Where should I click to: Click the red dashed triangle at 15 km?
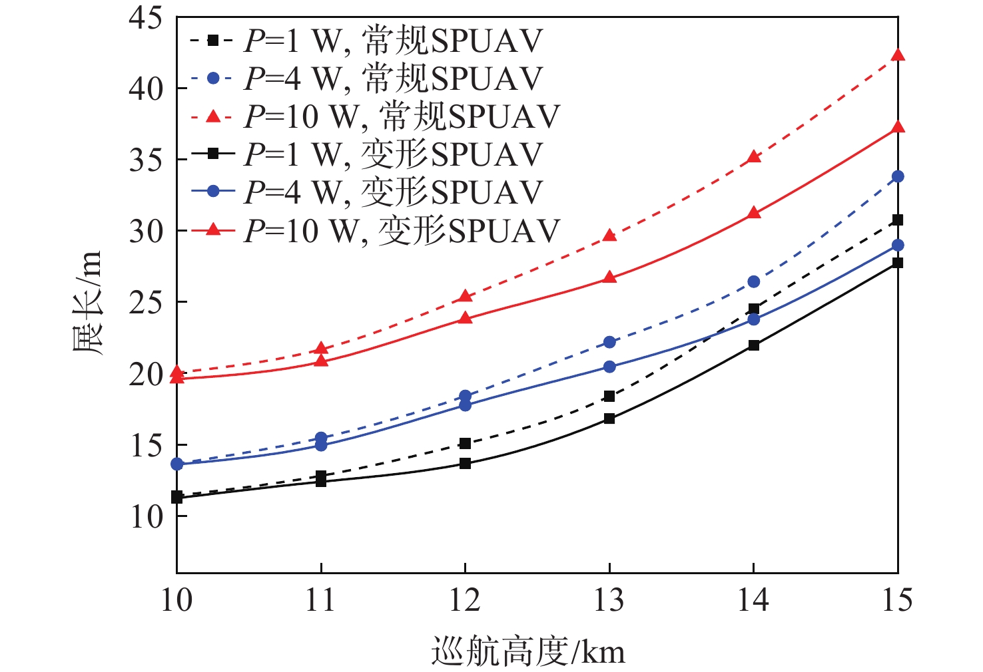click(x=897, y=55)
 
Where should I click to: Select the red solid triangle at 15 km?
click(x=897, y=127)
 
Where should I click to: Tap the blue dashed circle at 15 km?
click(x=897, y=176)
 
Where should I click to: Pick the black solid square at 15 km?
click(x=897, y=263)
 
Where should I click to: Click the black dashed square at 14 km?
click(x=753, y=309)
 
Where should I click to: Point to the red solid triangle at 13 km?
click(x=609, y=277)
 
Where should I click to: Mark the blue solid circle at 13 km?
click(x=609, y=367)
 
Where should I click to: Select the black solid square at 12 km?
click(x=465, y=464)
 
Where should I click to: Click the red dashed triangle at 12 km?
click(x=465, y=296)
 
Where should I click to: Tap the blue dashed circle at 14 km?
click(x=753, y=281)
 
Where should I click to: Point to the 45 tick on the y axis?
click(x=145, y=18)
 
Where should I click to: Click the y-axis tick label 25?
click(x=145, y=303)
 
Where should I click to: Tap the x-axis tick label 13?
click(x=609, y=601)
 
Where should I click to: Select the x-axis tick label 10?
click(x=176, y=601)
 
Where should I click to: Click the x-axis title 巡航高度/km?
click(x=529, y=651)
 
